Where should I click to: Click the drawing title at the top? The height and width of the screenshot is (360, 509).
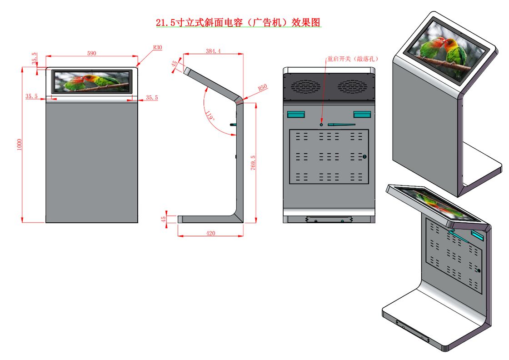coord(239,23)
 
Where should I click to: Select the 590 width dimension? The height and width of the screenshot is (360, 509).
coord(92,53)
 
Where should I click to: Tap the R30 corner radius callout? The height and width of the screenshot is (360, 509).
coord(158,47)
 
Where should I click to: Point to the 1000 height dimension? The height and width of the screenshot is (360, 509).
coord(19,145)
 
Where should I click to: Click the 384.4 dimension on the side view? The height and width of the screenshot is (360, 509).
coord(213,51)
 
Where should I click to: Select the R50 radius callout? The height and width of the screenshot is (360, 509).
coord(262,88)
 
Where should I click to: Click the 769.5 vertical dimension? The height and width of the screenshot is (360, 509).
coord(253,162)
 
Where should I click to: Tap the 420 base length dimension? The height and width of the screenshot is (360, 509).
coord(210,233)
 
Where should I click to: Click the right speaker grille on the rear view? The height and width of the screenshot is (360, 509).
coord(352,86)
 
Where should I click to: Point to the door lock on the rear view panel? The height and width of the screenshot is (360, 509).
coord(364,157)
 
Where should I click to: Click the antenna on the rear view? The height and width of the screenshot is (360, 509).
coord(341,124)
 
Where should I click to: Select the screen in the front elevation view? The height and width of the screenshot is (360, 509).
coord(92,82)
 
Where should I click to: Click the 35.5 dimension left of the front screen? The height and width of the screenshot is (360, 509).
coord(31,96)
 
